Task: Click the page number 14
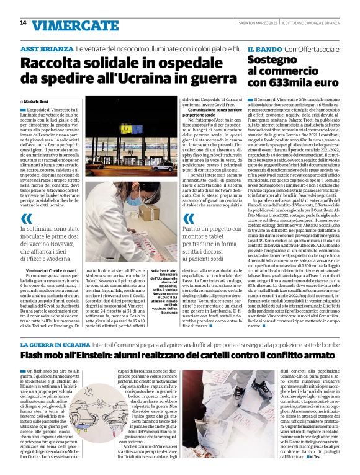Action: point(23,23)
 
